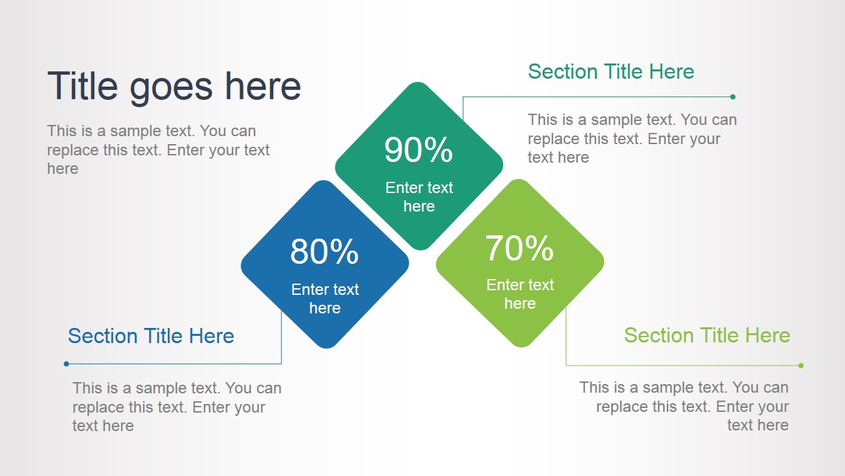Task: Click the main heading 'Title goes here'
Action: (174, 87)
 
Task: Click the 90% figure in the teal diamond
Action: (419, 150)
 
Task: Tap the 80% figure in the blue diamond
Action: (324, 252)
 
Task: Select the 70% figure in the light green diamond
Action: (520, 249)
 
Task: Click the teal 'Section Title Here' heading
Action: (611, 71)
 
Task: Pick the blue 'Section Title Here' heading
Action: (151, 336)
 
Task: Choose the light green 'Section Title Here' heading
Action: (706, 335)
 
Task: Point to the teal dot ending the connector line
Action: (733, 97)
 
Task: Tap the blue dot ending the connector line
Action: (66, 364)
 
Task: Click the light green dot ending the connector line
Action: (801, 366)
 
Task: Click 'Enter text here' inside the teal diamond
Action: (419, 197)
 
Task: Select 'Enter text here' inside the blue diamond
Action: (325, 299)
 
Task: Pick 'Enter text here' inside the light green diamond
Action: (520, 294)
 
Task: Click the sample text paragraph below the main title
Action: (158, 150)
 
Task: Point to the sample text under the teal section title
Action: (632, 139)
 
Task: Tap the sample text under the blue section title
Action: (177, 407)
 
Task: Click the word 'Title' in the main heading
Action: (83, 87)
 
